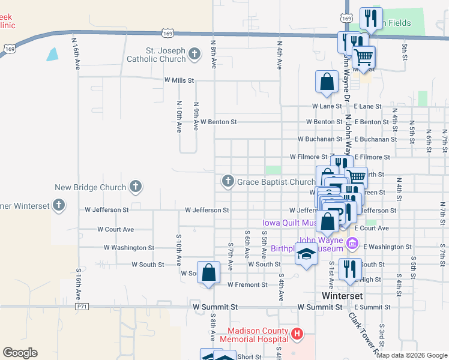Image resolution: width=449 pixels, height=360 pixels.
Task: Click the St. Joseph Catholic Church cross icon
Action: [194, 55]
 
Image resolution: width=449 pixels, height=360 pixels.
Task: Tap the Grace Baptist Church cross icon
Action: [228, 181]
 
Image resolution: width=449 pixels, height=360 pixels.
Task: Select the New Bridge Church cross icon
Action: [136, 187]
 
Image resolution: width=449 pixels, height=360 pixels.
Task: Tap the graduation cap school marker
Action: [306, 256]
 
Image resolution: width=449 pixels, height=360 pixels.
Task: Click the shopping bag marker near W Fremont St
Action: [208, 273]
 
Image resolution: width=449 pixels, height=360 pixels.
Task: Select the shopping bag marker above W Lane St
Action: [326, 83]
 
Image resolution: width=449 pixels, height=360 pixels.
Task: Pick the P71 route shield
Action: [82, 307]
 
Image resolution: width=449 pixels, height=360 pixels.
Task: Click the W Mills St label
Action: [179, 80]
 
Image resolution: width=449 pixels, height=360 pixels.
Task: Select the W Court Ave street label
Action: [116, 229]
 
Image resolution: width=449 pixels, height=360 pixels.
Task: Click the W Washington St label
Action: [129, 247]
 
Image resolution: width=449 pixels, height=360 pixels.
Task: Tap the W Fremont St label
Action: [249, 285]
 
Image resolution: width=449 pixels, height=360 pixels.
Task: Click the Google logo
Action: [20, 353]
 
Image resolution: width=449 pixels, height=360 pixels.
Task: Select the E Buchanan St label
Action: [375, 139]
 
